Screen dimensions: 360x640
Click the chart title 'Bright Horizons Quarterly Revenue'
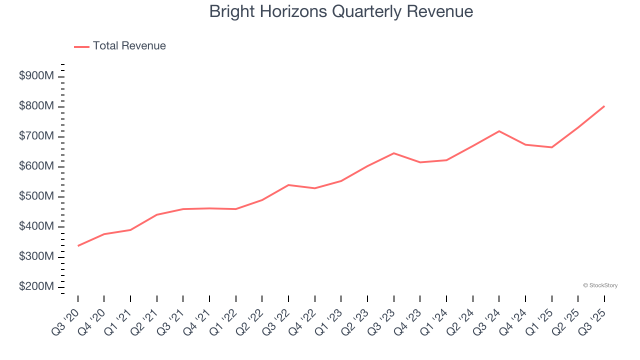[x=341, y=11]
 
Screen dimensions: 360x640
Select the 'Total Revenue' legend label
[x=129, y=46]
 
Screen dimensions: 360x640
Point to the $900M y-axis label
[x=36, y=76]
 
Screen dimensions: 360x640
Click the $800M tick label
[x=36, y=106]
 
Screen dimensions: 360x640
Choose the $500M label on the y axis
[x=36, y=196]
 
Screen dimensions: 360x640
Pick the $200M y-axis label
[x=36, y=286]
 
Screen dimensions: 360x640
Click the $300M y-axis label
[x=36, y=256]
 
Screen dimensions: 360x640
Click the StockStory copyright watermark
[x=600, y=285]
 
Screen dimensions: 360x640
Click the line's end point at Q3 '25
[x=604, y=106]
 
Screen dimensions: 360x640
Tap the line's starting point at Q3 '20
[x=78, y=245]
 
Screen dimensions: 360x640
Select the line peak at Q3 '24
[x=499, y=131]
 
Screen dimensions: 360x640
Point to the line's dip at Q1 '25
[x=551, y=147]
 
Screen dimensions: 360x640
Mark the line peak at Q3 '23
[x=393, y=153]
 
